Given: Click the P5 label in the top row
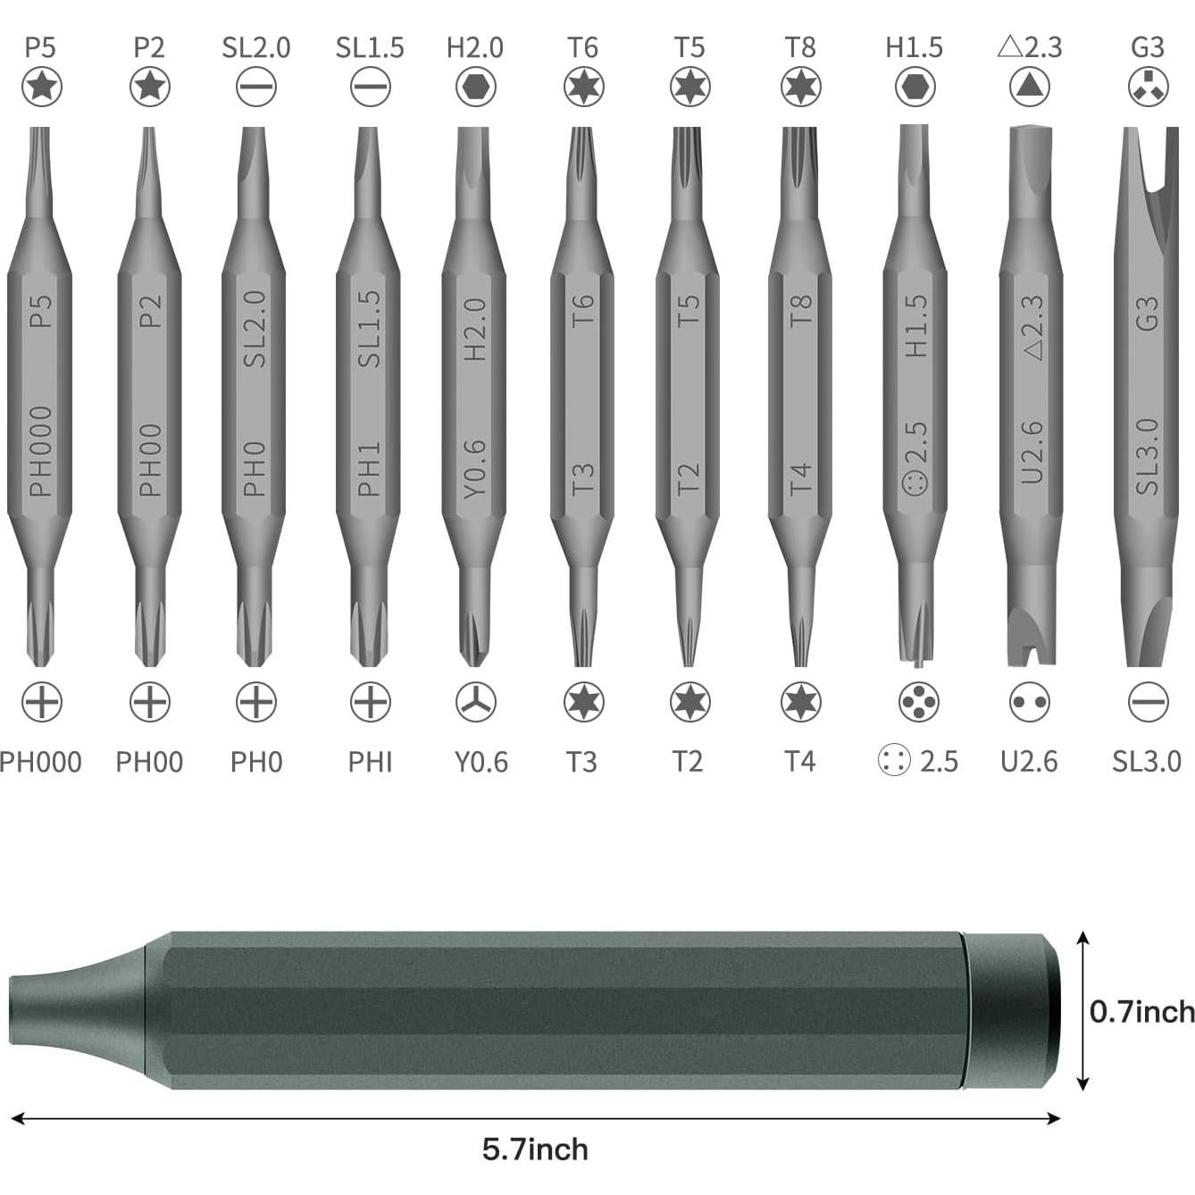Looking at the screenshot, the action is [x=40, y=47].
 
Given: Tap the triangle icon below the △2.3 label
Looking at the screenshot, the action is [x=1030, y=87].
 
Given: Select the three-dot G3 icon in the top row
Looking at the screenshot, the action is [x=1148, y=87].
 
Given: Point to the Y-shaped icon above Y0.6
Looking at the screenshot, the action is [x=476, y=702].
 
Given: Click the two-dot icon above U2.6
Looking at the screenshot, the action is [x=1030, y=702].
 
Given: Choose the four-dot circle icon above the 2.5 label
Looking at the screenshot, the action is [x=918, y=702].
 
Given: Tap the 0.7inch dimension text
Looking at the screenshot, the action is [x=1141, y=1011].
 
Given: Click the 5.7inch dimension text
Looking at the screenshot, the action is [x=535, y=1149].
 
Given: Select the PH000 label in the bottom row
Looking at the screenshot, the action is [x=40, y=762].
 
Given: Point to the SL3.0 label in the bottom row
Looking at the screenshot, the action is [x=1147, y=762].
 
